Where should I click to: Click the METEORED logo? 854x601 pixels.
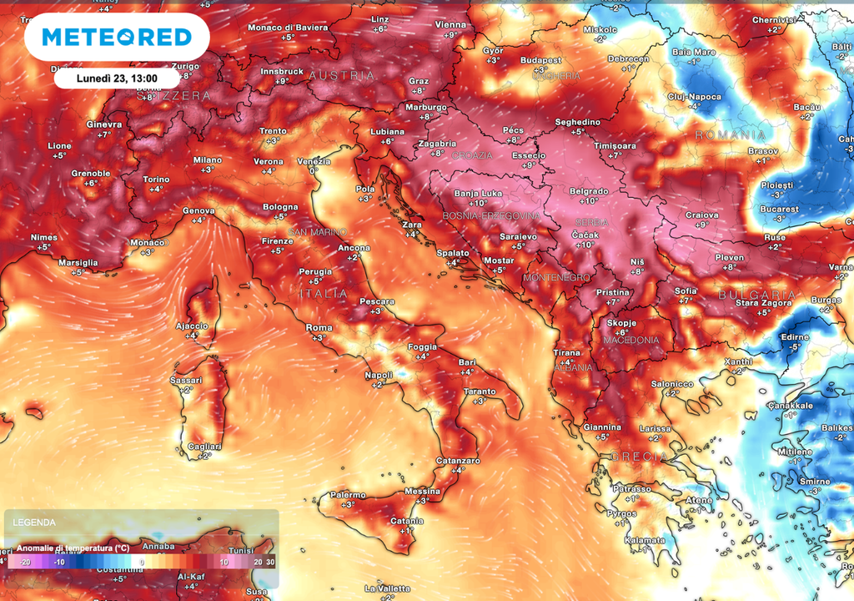pos(116,37)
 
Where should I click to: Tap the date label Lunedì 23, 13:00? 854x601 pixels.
pos(117,78)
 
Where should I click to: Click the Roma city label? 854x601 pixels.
pos(319,327)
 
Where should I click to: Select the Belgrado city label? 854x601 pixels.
pos(589,191)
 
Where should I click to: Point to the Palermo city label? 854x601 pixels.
pos(347,494)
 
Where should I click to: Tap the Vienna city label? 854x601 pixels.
pos(450,25)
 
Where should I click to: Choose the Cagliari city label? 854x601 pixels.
pos(204,447)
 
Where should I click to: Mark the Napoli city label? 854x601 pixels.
pos(379,375)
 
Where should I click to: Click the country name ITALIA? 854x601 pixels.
pos(324,294)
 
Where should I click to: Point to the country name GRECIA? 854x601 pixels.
pos(639,457)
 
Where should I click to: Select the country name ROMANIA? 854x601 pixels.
pos(731,134)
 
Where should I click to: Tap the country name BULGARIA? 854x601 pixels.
pos(756,295)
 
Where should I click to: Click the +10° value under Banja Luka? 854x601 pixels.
pos(477,203)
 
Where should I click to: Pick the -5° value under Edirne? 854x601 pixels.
pos(795,346)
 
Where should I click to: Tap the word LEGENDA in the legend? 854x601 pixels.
pos(34,523)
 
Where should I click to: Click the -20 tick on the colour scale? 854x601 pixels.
pos(25,563)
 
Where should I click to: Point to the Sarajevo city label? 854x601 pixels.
pos(517,236)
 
